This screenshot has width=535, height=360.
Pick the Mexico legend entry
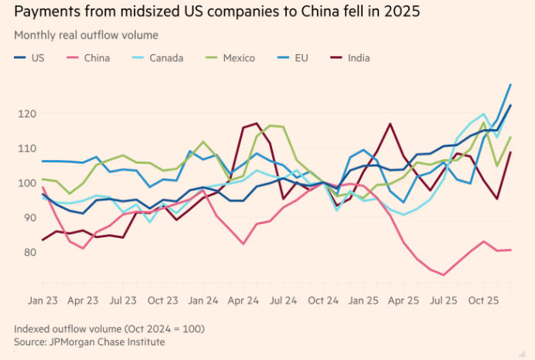(x=238, y=57)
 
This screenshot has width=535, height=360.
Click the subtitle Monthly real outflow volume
(x=85, y=36)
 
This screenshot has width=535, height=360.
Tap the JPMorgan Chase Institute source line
(x=89, y=341)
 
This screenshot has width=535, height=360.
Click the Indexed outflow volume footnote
(x=108, y=328)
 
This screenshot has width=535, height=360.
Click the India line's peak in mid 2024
(x=257, y=124)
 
